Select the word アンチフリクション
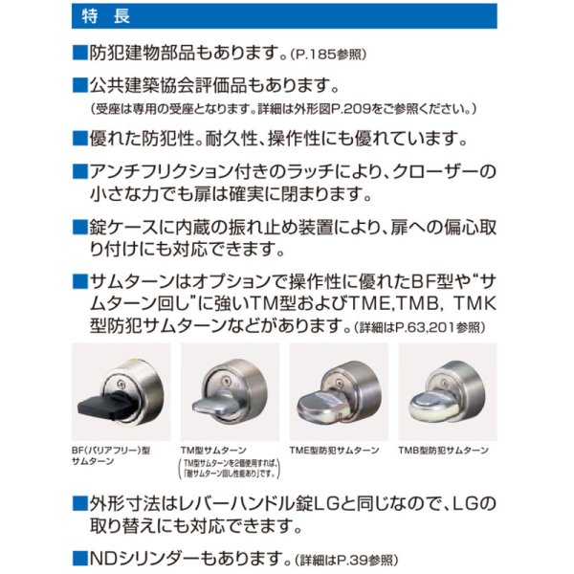pyautogui.click(x=159, y=173)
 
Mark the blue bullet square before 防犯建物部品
pyautogui.click(x=80, y=52)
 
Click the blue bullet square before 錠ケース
pyautogui.click(x=80, y=230)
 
